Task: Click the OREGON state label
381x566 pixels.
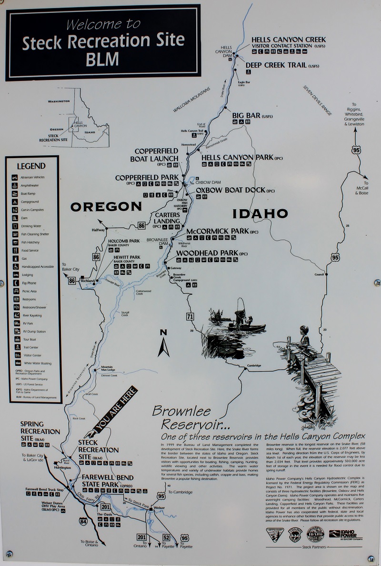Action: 106,207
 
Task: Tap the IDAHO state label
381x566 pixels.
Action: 260,213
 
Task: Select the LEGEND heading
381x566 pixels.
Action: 31,166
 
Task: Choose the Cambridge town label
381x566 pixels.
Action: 254,366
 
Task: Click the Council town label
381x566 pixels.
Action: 319,274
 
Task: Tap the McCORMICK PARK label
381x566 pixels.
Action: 218,231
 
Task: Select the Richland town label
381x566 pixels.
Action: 88,281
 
